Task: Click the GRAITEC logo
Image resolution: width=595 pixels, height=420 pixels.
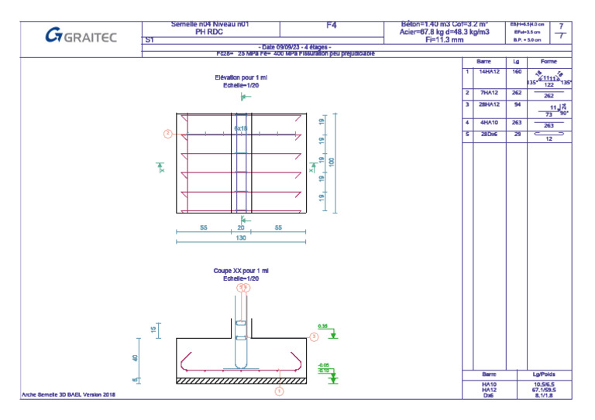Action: coord(81,35)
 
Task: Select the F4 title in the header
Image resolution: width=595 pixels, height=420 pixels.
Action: coord(332,26)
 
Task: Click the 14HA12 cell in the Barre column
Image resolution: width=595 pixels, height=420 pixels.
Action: coord(489,71)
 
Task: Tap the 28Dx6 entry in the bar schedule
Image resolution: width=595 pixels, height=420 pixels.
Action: coord(489,135)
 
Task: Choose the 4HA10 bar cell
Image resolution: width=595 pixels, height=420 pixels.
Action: coord(489,122)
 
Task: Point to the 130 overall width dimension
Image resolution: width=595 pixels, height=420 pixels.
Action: coord(241,239)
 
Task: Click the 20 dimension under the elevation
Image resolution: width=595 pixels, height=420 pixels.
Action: coord(241,228)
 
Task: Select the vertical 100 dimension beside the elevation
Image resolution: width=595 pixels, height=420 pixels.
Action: coord(332,162)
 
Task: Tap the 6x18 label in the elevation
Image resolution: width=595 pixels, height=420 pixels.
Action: coord(240,128)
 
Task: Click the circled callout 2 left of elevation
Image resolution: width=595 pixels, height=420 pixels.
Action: coord(167,134)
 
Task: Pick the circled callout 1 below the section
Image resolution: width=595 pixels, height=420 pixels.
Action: coord(280,391)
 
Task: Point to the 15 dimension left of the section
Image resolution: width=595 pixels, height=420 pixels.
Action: coord(153,330)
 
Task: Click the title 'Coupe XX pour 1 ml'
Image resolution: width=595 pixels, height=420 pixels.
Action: coord(241,271)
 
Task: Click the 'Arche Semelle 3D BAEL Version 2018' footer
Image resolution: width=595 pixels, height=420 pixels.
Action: coord(68,394)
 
